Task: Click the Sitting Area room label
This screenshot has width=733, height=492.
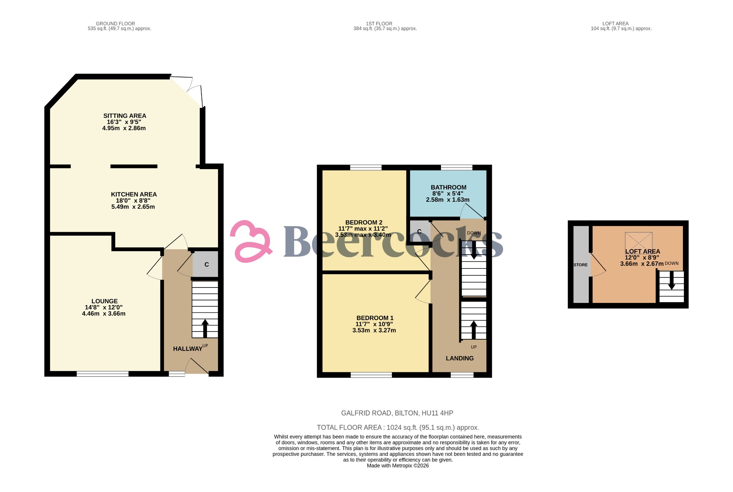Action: pos(125,116)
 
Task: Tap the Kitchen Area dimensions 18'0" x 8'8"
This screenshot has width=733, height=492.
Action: pos(133,201)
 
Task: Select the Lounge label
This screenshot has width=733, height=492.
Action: pos(105,301)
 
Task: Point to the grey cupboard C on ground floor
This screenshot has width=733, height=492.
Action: pos(205,264)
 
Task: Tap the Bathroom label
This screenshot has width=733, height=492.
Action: pos(448,187)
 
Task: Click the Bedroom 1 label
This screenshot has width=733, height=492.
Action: pos(375,318)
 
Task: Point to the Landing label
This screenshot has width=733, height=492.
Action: pos(460,358)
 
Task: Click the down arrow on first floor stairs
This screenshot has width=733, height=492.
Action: pos(474,250)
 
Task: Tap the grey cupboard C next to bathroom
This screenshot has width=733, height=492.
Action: pos(419,232)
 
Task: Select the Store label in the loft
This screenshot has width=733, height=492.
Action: pos(581,265)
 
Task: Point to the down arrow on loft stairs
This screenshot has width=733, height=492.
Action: pos(671,280)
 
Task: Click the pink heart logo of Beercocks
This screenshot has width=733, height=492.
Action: pos(251,241)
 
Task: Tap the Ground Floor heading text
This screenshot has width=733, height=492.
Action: pos(115,24)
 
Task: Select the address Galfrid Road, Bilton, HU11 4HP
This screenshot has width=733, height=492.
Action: pos(397,413)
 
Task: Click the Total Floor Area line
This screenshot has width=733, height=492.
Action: pos(398,428)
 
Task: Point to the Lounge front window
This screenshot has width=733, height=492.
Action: pos(102,374)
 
